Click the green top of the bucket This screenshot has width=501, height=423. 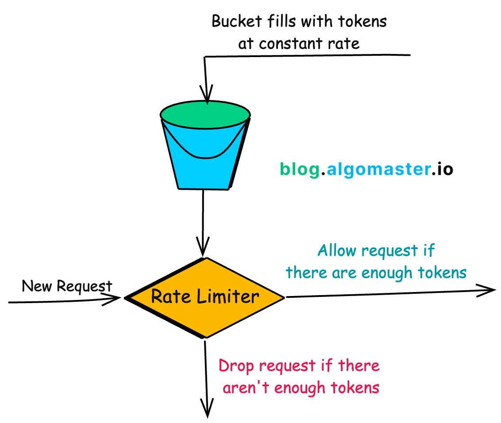tap(205, 114)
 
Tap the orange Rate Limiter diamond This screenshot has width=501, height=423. tap(205, 297)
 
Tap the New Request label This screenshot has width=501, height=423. tap(67, 286)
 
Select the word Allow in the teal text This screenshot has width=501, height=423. tap(337, 251)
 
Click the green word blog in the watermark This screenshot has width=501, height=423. tap(299, 169)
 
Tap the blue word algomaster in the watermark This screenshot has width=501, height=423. tap(375, 169)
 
